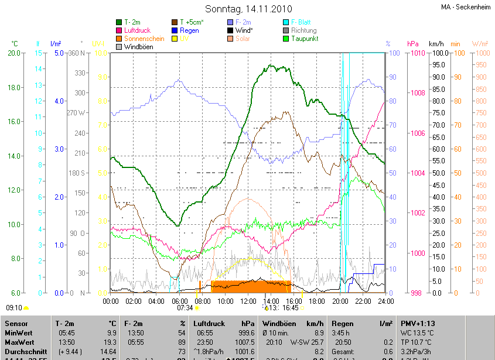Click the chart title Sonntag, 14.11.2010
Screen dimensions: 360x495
point(247,9)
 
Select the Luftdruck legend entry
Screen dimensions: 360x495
point(140,30)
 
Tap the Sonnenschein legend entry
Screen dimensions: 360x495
point(144,39)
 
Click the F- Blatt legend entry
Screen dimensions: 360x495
point(301,22)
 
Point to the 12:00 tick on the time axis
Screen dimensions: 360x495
point(248,301)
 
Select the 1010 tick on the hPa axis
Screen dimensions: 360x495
point(417,53)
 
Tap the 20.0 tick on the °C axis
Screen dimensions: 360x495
point(13,53)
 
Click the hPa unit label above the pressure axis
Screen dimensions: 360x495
point(412,44)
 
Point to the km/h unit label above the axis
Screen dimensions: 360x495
point(436,44)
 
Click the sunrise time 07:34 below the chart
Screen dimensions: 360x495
point(185,307)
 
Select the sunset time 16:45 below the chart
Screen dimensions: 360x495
point(290,307)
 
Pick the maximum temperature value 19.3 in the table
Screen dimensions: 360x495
point(110,342)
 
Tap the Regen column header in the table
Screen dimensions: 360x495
point(342,323)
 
